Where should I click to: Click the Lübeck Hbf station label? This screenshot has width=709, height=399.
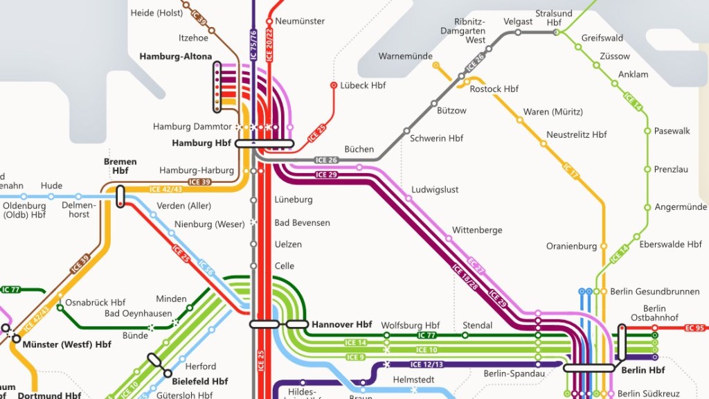363,85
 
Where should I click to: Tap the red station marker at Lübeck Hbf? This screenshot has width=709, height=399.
334,86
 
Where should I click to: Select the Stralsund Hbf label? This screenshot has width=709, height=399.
554,18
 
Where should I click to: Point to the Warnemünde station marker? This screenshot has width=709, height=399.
436,65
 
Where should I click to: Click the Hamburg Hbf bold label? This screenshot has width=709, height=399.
201,143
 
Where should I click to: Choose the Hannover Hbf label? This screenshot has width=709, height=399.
341,324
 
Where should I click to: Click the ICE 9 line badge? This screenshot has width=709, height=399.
355,357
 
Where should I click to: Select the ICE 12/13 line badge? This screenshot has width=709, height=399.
426,364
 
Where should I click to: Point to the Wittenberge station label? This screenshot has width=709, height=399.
477,230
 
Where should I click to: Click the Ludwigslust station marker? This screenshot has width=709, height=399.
409,198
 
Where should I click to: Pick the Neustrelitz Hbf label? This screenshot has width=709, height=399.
576,134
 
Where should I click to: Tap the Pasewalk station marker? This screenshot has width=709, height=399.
648,130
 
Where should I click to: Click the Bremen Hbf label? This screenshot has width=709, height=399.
120,166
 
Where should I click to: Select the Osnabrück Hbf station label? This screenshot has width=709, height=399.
95,303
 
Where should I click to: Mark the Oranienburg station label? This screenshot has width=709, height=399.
571,246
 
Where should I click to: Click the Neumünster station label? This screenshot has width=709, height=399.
300,21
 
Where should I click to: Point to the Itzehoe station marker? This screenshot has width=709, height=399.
211,30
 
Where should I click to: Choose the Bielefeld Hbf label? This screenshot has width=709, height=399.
201,381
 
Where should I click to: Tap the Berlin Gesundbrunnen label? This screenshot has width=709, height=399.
655,292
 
